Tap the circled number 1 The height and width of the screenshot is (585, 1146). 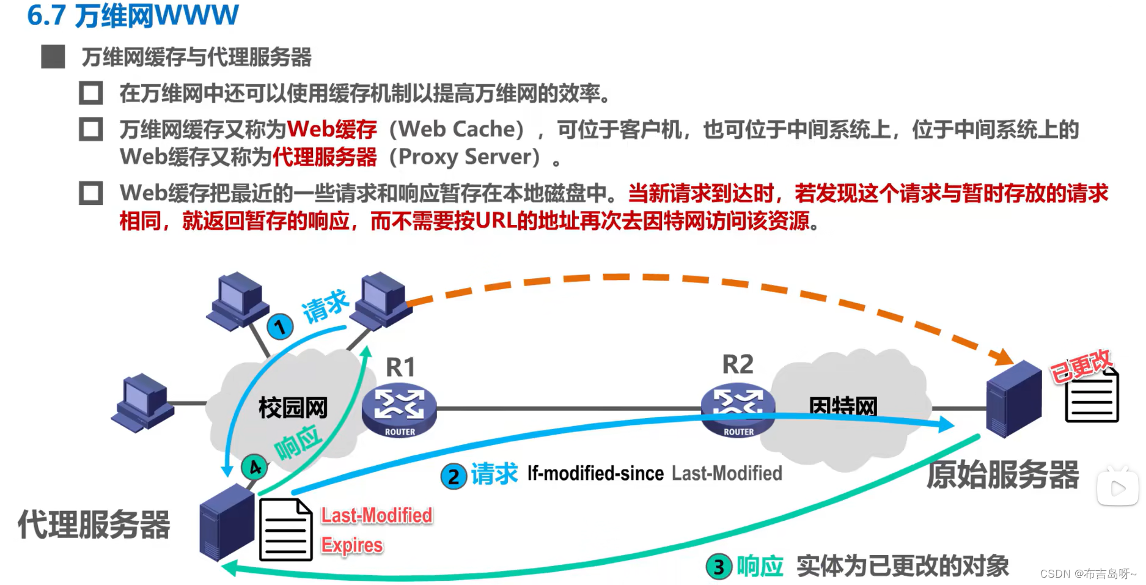[x=280, y=327]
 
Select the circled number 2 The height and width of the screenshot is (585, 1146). [x=454, y=476]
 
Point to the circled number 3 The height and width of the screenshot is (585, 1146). [x=719, y=567]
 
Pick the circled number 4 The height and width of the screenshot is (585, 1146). [x=254, y=468]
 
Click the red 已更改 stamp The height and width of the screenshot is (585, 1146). [x=1081, y=366]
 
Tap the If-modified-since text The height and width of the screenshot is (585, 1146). [x=595, y=474]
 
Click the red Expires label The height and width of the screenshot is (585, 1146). [x=352, y=545]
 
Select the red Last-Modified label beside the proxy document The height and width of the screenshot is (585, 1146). [x=376, y=515]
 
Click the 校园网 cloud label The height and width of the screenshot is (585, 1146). [x=293, y=408]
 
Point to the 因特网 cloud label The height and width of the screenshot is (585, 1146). [x=843, y=405]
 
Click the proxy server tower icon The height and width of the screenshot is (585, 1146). [x=226, y=521]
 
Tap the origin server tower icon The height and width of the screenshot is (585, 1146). [x=1013, y=398]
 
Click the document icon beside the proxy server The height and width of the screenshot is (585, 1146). [x=285, y=529]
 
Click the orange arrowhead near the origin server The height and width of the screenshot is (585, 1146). [x=1002, y=356]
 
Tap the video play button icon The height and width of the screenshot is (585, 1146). [x=1118, y=488]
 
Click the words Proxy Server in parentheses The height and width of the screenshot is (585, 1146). [x=465, y=157]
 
